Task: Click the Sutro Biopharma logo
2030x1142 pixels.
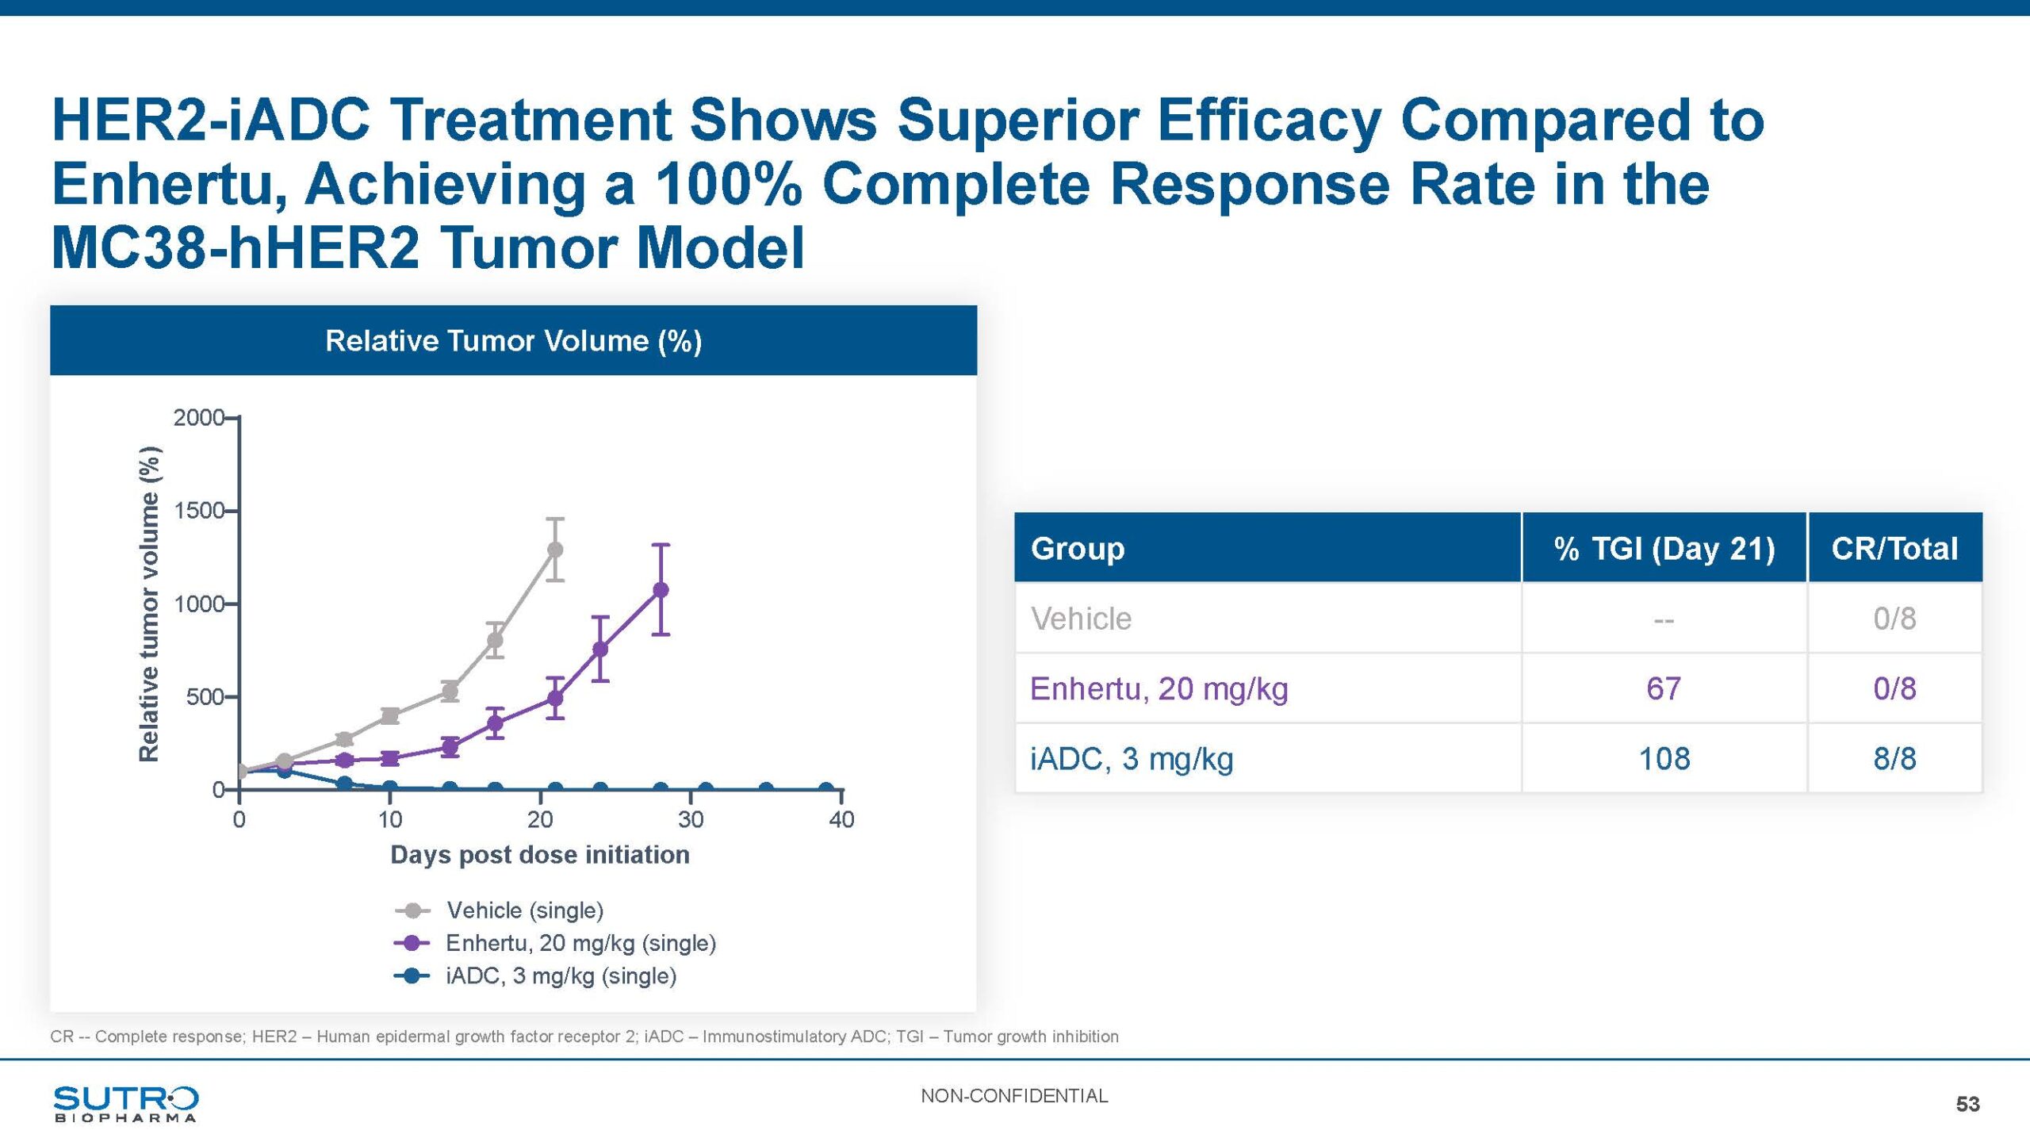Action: pos(125,1103)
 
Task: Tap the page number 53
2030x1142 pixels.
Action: pos(1967,1104)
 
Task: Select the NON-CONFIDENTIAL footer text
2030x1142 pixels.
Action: pos(1014,1096)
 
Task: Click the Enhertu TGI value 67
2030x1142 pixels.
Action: pos(1664,688)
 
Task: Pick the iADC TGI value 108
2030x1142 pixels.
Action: pos(1664,759)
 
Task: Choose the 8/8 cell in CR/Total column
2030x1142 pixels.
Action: pos(1894,759)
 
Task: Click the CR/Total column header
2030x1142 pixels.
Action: pos(1894,548)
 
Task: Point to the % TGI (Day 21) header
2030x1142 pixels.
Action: pos(1664,548)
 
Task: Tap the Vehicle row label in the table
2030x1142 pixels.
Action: pos(1081,619)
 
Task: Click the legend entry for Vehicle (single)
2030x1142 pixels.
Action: pos(524,910)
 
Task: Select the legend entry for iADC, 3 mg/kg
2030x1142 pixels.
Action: pos(561,975)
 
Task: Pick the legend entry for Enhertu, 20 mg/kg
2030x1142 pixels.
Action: pos(580,943)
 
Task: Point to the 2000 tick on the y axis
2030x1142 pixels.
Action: pos(198,417)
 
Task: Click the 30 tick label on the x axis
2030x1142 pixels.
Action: pos(691,820)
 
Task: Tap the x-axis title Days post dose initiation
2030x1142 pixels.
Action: pos(540,855)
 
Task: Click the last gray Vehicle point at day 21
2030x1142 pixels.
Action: pos(555,550)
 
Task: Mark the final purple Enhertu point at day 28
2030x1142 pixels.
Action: pos(661,589)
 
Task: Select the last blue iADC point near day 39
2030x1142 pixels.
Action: pos(826,789)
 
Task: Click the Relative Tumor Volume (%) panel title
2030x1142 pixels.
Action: pos(513,341)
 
